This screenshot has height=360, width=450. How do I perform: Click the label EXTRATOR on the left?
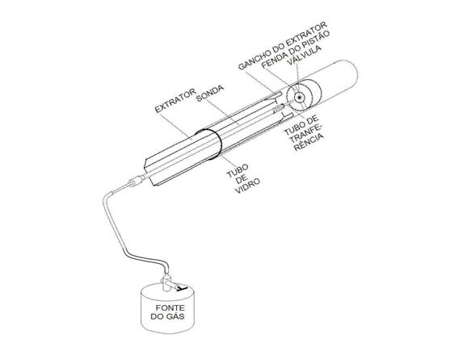pyautogui.click(x=175, y=100)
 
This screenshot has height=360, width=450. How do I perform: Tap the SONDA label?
pyautogui.click(x=210, y=93)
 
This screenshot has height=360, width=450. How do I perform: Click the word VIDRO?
pyautogui.click(x=247, y=186)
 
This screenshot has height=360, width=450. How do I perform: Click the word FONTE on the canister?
pyautogui.click(x=170, y=308)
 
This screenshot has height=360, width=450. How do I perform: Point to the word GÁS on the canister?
pyautogui.click(x=175, y=316)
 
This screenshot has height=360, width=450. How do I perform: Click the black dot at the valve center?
pyautogui.click(x=300, y=98)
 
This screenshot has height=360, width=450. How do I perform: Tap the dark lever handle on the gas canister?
pyautogui.click(x=182, y=287)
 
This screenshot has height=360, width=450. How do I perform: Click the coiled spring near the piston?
pyautogui.click(x=279, y=108)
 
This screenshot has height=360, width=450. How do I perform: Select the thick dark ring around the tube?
pyautogui.click(x=208, y=144)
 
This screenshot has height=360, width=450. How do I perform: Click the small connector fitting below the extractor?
pyautogui.click(x=136, y=181)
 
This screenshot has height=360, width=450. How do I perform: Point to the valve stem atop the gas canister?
pyautogui.click(x=166, y=282)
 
